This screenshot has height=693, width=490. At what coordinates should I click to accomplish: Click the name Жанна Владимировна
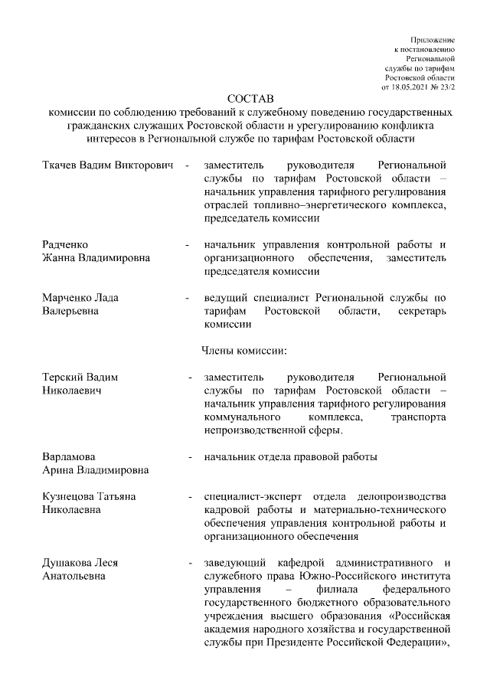click(96, 258)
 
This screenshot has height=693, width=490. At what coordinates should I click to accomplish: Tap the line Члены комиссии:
click(244, 351)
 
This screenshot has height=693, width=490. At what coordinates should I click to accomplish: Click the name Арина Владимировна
click(95, 470)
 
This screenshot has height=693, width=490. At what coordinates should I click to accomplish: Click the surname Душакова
click(68, 563)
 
